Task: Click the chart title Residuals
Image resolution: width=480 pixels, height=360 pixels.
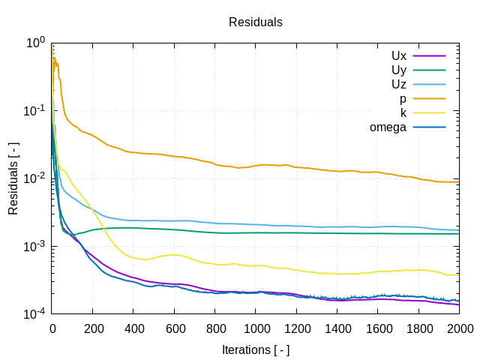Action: [x=256, y=22]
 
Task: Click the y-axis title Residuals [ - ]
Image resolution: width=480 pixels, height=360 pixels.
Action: [x=13, y=178]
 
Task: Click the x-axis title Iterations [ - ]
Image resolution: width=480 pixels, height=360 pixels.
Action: [x=256, y=349]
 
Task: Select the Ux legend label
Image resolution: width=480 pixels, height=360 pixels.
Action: [x=398, y=56]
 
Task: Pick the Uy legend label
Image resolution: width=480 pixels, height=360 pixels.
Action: [x=398, y=70]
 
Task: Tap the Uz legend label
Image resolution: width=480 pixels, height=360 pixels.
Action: [x=398, y=85]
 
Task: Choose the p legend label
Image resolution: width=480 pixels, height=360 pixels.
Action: [x=403, y=99]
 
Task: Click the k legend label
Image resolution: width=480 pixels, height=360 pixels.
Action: [x=403, y=113]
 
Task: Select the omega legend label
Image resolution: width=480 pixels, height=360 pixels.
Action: [x=388, y=127]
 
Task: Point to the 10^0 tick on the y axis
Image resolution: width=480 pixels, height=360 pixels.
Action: [x=34, y=43]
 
